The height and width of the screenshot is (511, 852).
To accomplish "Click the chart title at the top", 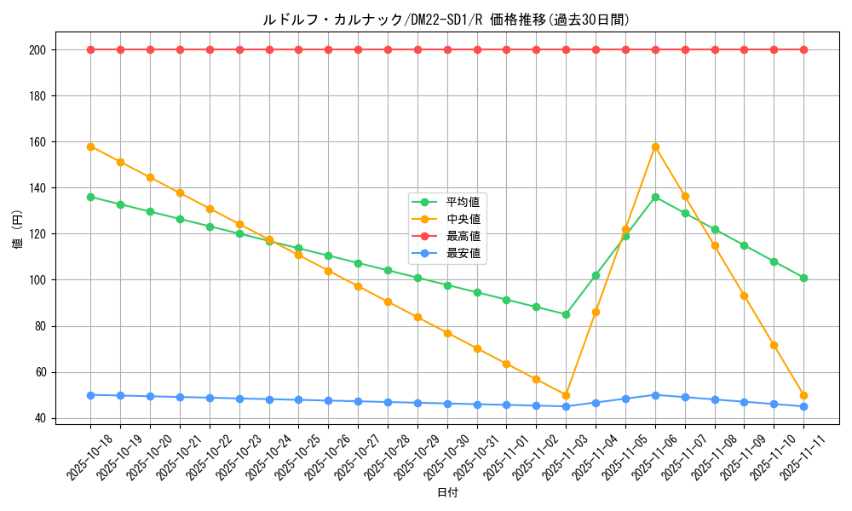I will coord(447,20).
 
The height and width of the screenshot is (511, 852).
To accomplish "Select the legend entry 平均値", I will coord(463,202).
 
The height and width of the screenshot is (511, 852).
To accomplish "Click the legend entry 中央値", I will coord(463,219).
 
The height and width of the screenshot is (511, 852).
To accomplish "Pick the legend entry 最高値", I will coord(463,236).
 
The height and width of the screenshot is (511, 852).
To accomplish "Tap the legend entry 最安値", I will coord(463,253).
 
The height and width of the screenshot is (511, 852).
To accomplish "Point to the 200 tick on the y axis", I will coord(38,50).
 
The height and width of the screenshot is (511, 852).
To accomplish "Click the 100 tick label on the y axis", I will coord(38,280).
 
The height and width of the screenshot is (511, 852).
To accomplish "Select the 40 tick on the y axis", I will coord(41,418).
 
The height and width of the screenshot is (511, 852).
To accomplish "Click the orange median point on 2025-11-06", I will coord(655,146).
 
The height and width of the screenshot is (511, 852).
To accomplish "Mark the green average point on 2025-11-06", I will coord(655,197).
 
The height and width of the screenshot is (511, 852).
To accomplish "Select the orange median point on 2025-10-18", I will coord(90,146).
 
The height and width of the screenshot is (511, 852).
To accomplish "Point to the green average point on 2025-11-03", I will coord(566,314).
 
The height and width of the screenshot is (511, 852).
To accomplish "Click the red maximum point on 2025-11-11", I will coord(803,49).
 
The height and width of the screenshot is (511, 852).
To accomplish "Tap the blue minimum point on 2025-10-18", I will coord(90,395).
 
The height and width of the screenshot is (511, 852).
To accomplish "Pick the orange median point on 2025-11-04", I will coord(596,312).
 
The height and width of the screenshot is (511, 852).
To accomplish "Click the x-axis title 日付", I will coord(447,493).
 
